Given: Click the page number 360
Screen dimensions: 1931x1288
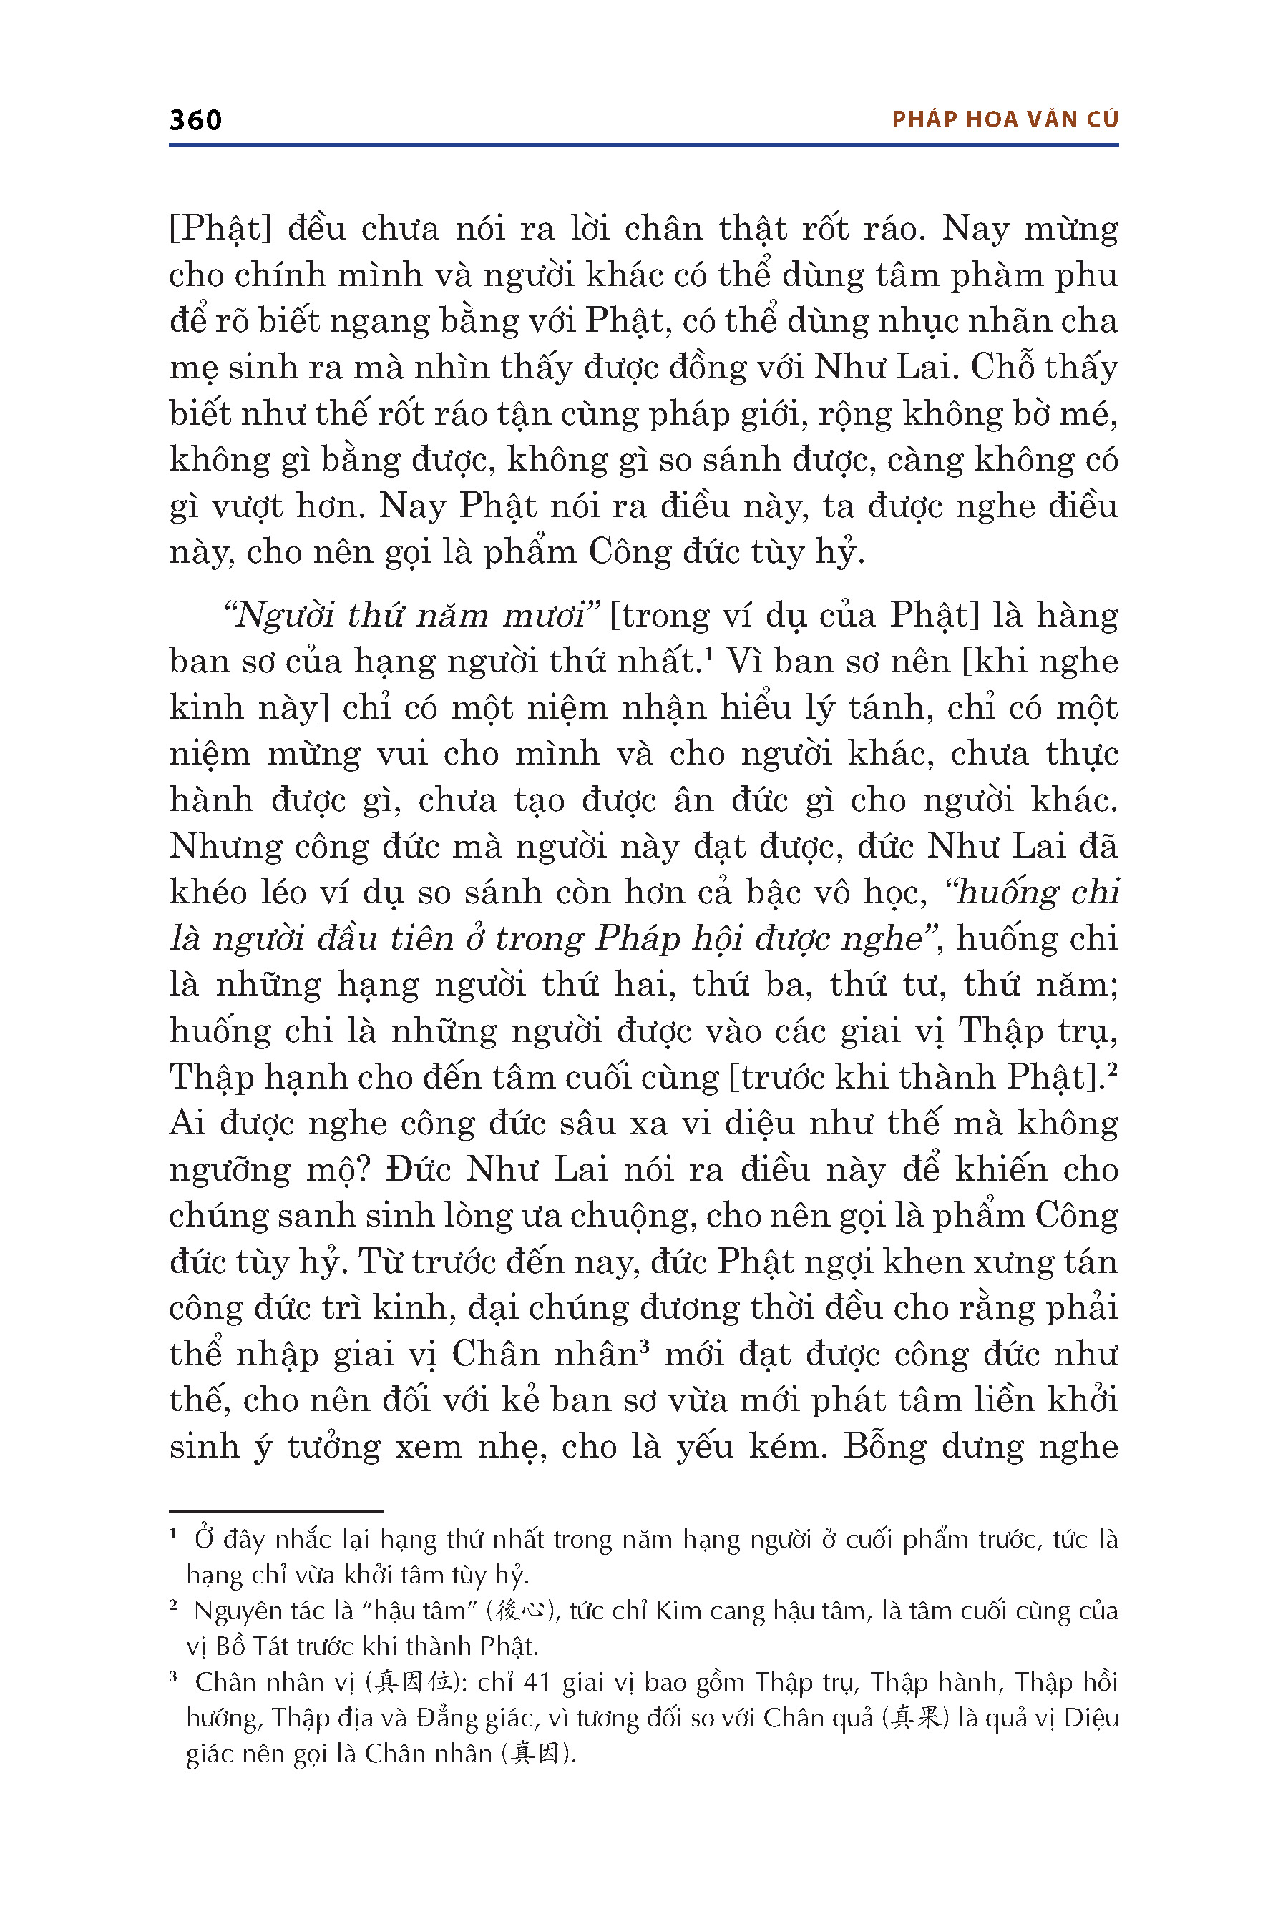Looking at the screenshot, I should tap(195, 121).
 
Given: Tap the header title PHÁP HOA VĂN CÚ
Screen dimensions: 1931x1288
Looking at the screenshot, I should tap(1005, 120).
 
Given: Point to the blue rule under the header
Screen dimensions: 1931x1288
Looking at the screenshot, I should tap(644, 145).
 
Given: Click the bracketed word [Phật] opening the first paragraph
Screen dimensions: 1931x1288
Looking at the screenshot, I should tap(220, 228).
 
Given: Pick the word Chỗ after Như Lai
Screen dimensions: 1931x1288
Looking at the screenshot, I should tap(1000, 367).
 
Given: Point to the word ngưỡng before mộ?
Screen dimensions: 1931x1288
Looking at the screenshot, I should tap(230, 1170).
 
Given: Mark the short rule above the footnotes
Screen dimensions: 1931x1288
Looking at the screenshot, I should tap(276, 1511).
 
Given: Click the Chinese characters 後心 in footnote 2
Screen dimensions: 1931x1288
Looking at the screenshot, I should tap(521, 1611).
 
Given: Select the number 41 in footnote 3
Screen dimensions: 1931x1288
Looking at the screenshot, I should tap(537, 1683).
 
